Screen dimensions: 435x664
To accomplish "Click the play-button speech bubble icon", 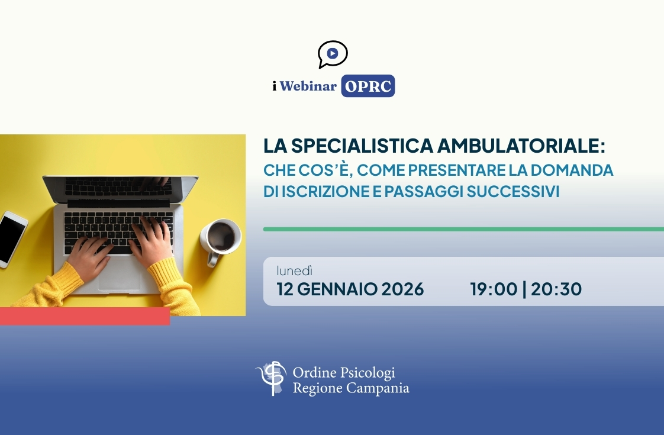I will click(x=332, y=54).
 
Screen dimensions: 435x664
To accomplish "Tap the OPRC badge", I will click(x=368, y=86).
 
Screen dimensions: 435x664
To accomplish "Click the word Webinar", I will click(x=308, y=86).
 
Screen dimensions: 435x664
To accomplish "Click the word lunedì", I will click(x=294, y=271).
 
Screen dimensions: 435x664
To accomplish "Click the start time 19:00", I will click(x=492, y=289).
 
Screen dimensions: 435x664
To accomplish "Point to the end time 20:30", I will click(x=556, y=289).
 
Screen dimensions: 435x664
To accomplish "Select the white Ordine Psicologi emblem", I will click(x=271, y=378).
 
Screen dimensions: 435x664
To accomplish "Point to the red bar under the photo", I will click(x=85, y=317).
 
